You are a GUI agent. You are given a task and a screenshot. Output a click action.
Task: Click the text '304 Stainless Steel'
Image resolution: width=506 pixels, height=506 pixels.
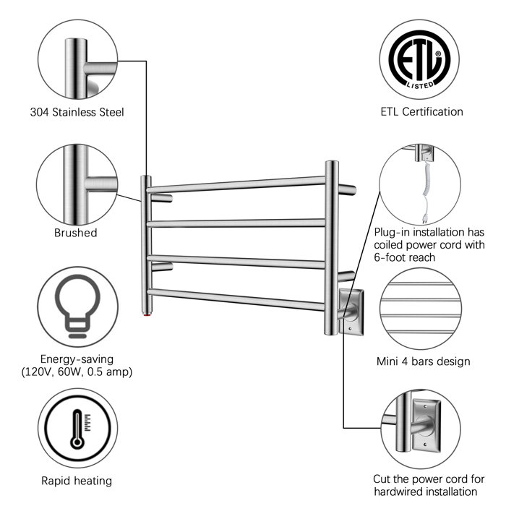(77, 112)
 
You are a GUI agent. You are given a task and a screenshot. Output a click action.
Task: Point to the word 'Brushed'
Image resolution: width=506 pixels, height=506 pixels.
(75, 233)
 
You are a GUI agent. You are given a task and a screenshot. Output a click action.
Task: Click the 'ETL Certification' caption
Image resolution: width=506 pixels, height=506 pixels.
(421, 111)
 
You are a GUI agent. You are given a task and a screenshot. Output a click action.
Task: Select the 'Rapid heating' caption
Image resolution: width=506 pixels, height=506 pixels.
(76, 481)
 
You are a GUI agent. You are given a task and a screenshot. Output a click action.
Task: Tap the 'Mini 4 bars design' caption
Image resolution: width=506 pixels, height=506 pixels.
(423, 361)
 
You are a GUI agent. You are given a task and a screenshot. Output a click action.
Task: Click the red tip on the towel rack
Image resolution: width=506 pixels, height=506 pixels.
(147, 316)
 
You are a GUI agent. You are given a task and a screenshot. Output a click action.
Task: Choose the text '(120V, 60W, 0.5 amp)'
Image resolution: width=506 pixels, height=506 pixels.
(77, 372)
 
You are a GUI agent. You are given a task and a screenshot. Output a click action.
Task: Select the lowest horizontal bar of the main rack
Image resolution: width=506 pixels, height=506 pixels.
(239, 297)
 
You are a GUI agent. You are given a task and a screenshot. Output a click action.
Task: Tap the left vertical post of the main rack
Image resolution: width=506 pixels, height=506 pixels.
(146, 246)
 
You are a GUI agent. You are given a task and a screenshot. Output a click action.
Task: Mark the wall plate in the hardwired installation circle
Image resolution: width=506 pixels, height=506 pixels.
(425, 427)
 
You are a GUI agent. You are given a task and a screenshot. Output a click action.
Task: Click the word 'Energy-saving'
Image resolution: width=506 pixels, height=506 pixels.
(77, 359)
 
